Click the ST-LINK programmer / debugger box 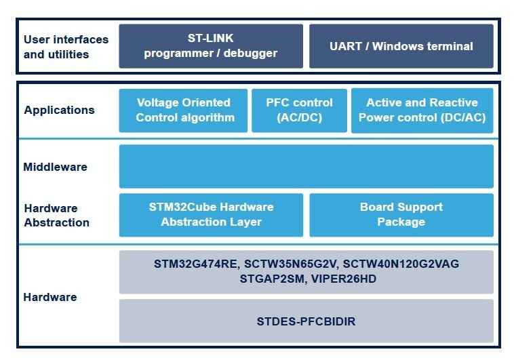tap(210, 46)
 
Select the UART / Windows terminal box tap(401, 46)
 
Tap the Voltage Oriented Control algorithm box tap(183, 110)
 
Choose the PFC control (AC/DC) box tap(299, 110)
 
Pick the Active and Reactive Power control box tap(422, 110)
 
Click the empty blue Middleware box tap(306, 166)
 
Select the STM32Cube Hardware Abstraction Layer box tap(211, 214)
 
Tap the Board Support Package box tap(401, 214)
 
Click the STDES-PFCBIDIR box tap(306, 321)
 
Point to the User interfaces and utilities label tap(66, 46)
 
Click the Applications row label tap(59, 110)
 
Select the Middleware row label tap(55, 167)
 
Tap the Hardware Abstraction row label tap(56, 215)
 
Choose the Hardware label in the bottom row tap(50, 297)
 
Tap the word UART tap(346, 46)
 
